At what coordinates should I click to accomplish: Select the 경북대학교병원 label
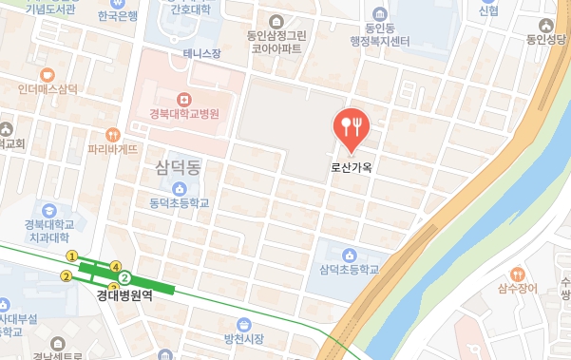click(184, 114)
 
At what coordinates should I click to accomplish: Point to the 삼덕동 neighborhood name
click(177, 168)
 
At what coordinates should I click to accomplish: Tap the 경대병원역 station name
click(124, 295)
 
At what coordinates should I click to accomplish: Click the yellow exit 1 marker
click(71, 256)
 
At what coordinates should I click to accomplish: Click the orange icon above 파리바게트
click(114, 135)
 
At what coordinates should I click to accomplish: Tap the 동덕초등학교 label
click(178, 203)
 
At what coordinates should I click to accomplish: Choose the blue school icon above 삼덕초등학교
click(350, 255)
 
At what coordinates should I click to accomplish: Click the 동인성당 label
click(545, 40)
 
